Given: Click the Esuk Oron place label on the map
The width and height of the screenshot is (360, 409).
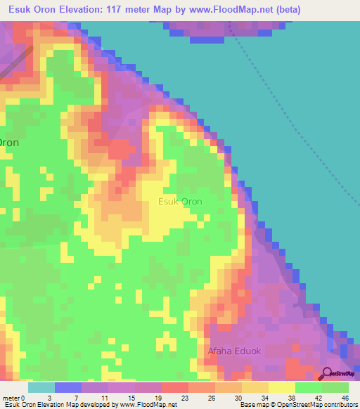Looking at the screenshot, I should tap(180, 202).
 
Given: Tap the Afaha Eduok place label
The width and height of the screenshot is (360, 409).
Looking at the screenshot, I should tap(233, 351).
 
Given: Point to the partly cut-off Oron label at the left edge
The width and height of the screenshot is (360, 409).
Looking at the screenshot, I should tap(8, 142).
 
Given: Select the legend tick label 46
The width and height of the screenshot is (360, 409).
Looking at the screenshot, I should tap(345, 398).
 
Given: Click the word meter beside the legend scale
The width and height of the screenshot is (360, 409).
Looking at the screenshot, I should tap(11, 398).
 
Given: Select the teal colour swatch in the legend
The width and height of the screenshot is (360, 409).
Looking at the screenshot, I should tap(41, 387).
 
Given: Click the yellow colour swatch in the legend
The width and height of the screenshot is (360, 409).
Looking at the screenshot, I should tap(282, 387).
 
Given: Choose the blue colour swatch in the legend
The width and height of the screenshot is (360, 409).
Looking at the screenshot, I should tap(68, 387).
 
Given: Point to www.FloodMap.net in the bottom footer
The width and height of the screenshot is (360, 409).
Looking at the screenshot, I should tap(149, 405).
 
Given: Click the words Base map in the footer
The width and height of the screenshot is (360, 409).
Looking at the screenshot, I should tap(255, 405).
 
